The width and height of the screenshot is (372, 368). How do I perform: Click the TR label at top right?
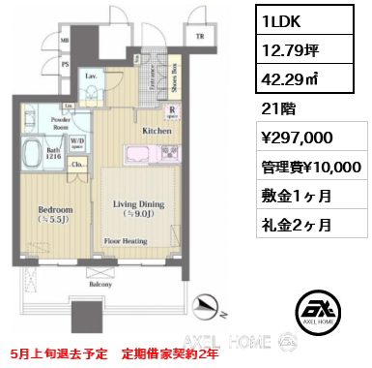pyautogui.click(x=201, y=37)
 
